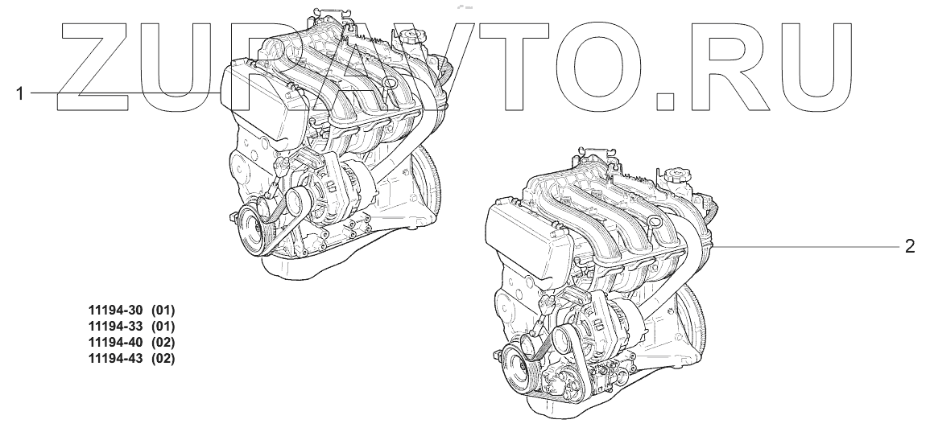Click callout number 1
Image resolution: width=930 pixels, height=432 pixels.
[19, 93]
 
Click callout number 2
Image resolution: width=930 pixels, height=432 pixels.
[910, 246]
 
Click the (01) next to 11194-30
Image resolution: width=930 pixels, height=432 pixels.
[163, 310]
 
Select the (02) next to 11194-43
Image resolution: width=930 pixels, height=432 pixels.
[163, 359]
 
